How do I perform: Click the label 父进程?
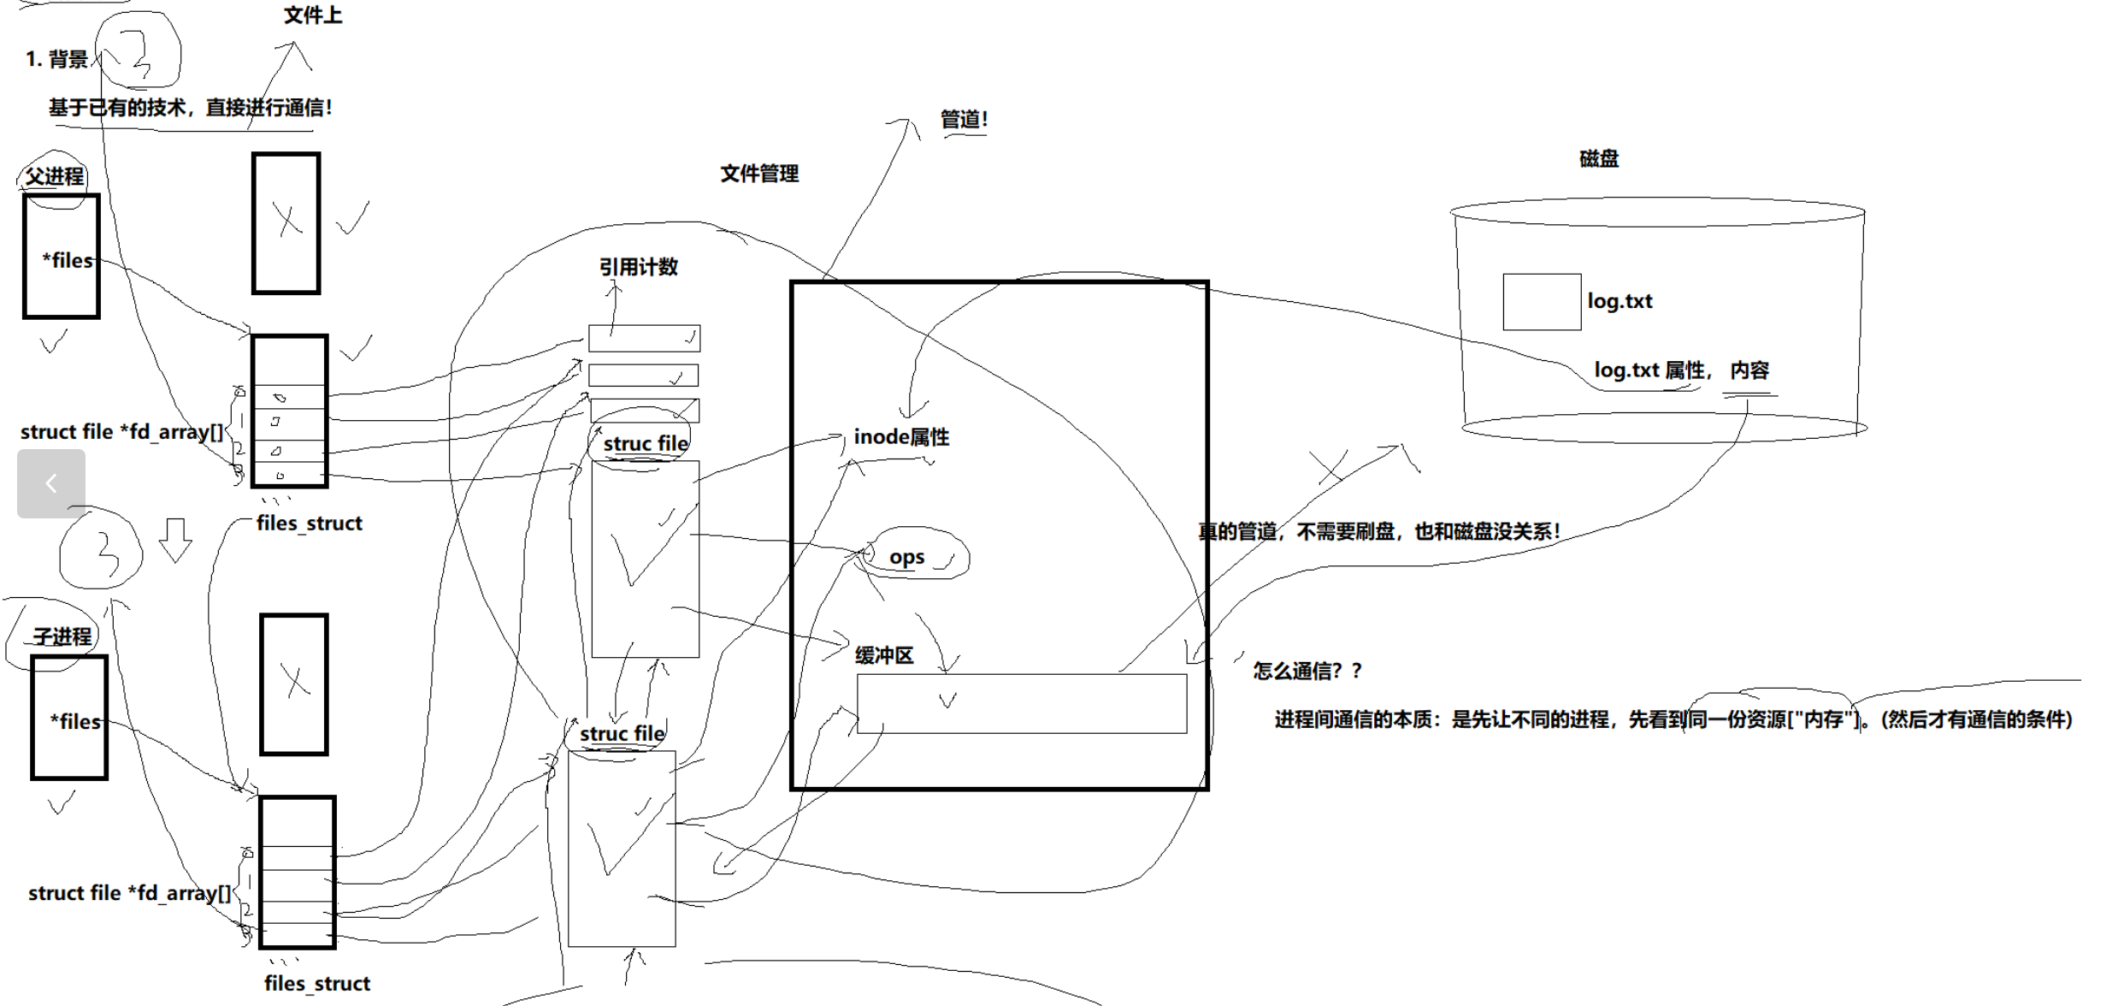pos(55,176)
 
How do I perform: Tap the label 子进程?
pos(62,636)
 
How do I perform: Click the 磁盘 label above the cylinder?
pos(1598,158)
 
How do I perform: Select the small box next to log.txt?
pos(1542,302)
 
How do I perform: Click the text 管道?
pos(964,120)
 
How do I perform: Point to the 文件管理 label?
pos(759,174)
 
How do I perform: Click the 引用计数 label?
pos(638,267)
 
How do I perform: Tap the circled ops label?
pos(907,557)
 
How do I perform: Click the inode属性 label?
pos(901,437)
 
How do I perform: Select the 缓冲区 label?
pos(884,655)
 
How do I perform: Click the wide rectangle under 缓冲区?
pos(1022,703)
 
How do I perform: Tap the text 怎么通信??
pos(1307,671)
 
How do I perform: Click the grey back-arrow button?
pos(51,483)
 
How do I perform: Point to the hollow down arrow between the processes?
pos(175,540)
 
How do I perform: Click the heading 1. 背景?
pos(56,59)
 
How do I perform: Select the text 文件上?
pos(313,15)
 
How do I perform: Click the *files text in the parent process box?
pos(68,260)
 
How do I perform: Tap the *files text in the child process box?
pos(75,721)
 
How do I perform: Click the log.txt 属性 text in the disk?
pos(1649,370)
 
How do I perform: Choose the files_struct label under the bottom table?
pos(317,983)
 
